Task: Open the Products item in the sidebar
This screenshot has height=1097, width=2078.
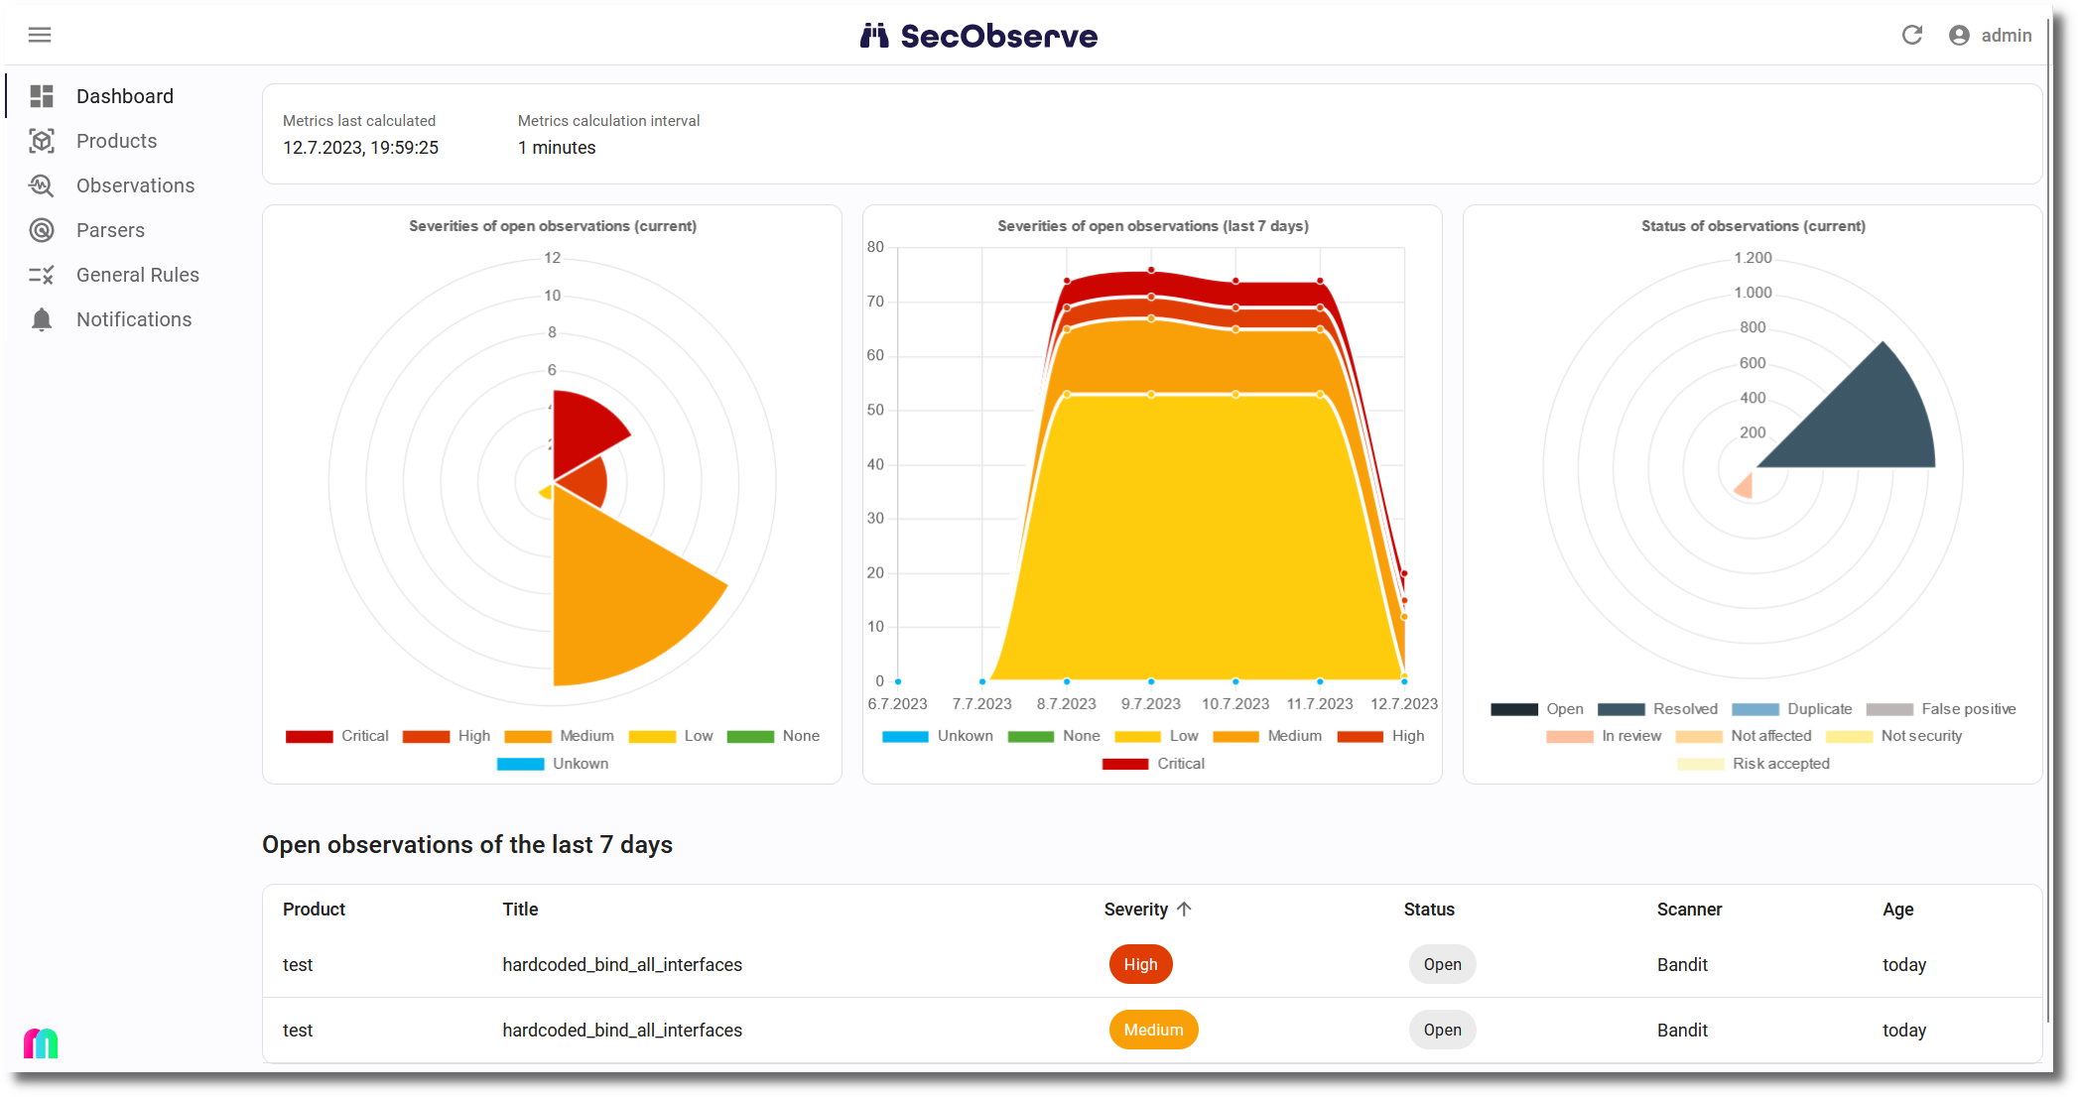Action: click(116, 141)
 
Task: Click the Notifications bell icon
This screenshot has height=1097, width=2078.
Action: click(42, 319)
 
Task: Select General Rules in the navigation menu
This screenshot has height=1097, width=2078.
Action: click(138, 275)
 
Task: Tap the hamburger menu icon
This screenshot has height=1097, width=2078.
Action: click(40, 36)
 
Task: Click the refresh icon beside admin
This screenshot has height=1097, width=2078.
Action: click(1912, 36)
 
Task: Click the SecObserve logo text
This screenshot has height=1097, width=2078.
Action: click(998, 37)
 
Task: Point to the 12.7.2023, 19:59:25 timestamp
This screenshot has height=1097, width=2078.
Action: click(360, 148)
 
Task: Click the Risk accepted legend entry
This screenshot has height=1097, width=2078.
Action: click(1753, 764)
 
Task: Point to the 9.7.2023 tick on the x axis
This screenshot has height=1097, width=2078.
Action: click(1151, 704)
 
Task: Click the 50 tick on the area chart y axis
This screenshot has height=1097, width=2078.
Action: click(875, 410)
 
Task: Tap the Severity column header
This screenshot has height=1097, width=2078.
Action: click(1147, 910)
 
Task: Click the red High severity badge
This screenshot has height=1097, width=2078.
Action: click(1140, 965)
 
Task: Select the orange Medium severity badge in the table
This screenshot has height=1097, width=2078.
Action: click(1153, 1031)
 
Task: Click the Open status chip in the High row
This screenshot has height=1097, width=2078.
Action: click(1442, 965)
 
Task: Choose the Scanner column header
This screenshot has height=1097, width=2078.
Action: click(1689, 910)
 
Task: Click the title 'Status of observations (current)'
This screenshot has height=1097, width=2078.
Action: click(1753, 226)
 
